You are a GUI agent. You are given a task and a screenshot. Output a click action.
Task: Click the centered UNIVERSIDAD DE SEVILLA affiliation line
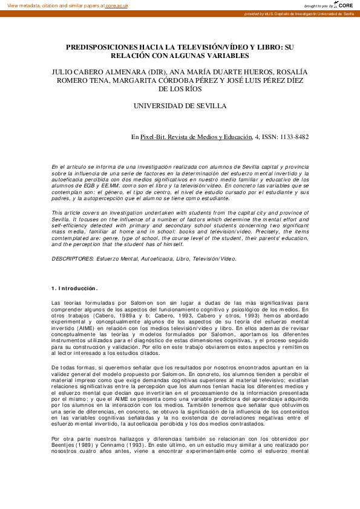click(180, 106)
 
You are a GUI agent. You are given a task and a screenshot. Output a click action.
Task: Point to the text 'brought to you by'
click(318, 5)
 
